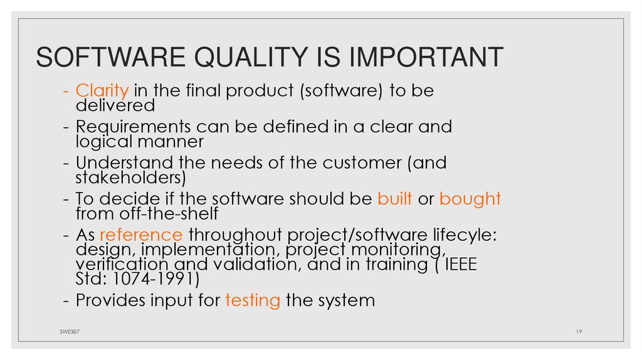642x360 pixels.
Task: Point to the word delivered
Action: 115,105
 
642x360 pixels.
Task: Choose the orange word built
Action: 394,199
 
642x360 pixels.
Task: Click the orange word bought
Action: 470,199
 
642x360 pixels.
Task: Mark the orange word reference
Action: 141,236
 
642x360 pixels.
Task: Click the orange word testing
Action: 252,300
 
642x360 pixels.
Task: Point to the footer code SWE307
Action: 61,331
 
